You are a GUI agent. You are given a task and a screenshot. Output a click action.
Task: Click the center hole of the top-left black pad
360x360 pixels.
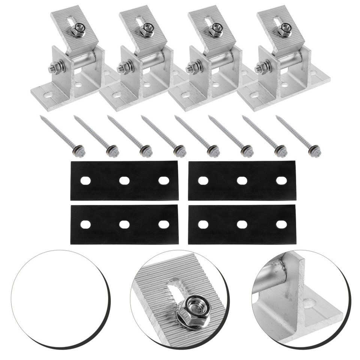124,180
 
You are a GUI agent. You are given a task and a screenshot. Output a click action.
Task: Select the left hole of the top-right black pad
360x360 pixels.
203,180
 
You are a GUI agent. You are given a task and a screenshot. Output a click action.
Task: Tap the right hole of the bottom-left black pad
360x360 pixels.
163,224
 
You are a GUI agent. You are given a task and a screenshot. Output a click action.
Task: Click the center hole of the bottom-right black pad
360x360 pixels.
242,224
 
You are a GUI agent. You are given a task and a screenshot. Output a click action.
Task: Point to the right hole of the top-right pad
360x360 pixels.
281,180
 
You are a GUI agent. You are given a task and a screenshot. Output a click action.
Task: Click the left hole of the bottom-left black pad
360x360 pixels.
85,224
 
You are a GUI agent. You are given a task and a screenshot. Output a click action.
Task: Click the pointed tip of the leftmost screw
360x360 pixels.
41,117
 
